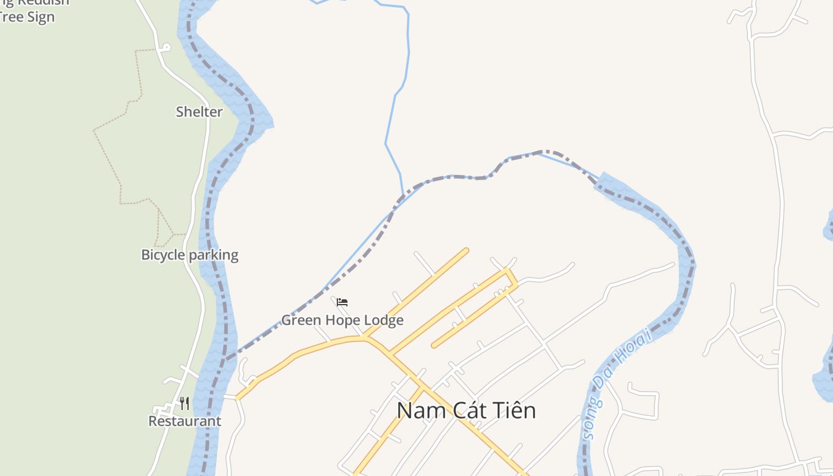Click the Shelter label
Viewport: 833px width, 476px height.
click(x=199, y=112)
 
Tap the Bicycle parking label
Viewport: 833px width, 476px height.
click(x=189, y=255)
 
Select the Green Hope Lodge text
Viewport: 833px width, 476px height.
click(x=342, y=320)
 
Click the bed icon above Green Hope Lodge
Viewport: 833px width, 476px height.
click(x=342, y=302)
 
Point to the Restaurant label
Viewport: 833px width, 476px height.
click(x=184, y=421)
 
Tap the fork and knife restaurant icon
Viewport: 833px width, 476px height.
click(x=184, y=404)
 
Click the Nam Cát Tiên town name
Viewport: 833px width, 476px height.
click(x=466, y=411)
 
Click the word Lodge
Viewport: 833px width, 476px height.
click(x=383, y=320)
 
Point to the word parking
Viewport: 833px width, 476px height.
click(x=214, y=255)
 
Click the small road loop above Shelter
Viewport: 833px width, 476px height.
click(x=166, y=47)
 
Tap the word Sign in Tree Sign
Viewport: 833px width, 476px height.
click(x=41, y=17)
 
